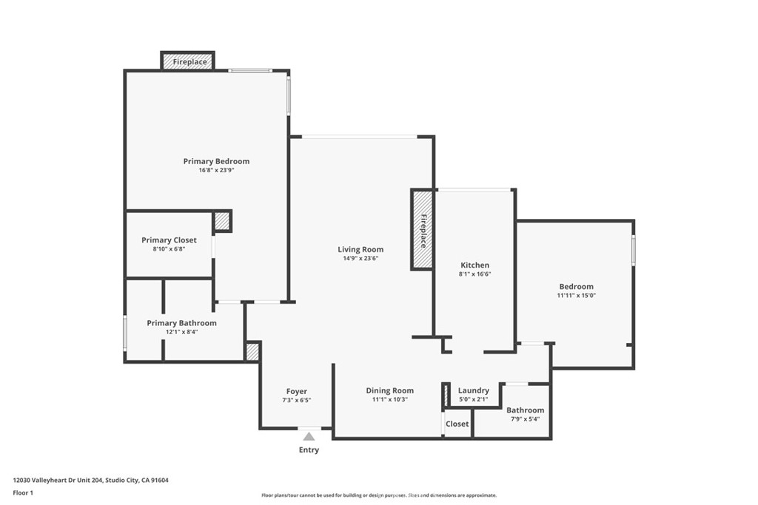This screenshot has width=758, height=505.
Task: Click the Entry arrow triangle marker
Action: (x=309, y=437)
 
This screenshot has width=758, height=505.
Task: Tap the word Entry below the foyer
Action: (x=309, y=450)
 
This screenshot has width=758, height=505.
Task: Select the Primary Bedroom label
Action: (x=217, y=161)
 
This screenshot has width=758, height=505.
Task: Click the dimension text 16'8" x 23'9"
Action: (x=217, y=170)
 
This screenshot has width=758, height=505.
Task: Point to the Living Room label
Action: (x=360, y=250)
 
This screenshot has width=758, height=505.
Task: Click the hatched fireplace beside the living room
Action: (x=422, y=230)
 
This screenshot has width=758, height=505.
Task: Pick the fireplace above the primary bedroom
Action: (x=187, y=61)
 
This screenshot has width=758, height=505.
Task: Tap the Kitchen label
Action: (x=474, y=265)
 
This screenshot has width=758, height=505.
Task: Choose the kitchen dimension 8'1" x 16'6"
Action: (x=474, y=274)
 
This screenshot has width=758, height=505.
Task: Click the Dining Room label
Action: (x=389, y=390)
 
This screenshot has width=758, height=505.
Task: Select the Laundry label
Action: (x=474, y=390)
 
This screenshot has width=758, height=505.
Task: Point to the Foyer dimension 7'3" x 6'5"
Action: (x=296, y=400)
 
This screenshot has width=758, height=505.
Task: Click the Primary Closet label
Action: (x=169, y=240)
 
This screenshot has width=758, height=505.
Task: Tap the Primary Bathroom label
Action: (x=182, y=323)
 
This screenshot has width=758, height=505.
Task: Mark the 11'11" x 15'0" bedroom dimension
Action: (x=576, y=296)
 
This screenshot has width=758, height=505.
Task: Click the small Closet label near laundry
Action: (x=457, y=424)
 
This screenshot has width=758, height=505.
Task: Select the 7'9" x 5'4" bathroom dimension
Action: (x=525, y=419)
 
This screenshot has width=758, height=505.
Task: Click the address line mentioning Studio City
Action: (x=91, y=481)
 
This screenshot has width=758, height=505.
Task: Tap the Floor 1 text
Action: (x=23, y=493)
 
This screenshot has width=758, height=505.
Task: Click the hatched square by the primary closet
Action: (x=222, y=222)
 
